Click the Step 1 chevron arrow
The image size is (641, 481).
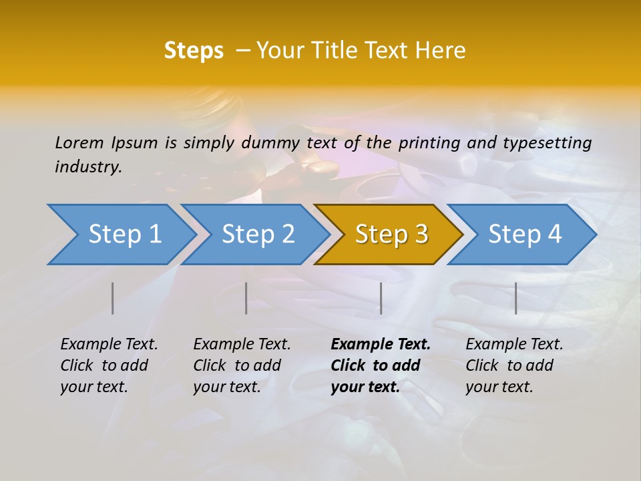tap(124, 234)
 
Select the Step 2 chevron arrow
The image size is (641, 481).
tap(257, 234)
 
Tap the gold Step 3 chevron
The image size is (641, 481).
tap(391, 234)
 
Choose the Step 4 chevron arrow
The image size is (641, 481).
tap(524, 234)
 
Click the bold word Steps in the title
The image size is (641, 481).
tap(194, 51)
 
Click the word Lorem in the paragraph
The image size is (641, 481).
tap(79, 142)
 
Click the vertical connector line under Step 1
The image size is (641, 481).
tap(113, 298)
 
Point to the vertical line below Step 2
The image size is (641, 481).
tap(246, 298)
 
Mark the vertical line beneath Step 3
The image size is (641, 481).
tap(381, 298)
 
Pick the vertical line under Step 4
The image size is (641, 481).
tap(515, 298)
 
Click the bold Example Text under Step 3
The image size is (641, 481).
tap(381, 345)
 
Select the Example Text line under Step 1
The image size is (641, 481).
tap(109, 345)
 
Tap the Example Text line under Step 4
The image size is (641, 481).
tap(514, 345)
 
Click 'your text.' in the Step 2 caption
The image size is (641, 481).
tap(227, 387)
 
